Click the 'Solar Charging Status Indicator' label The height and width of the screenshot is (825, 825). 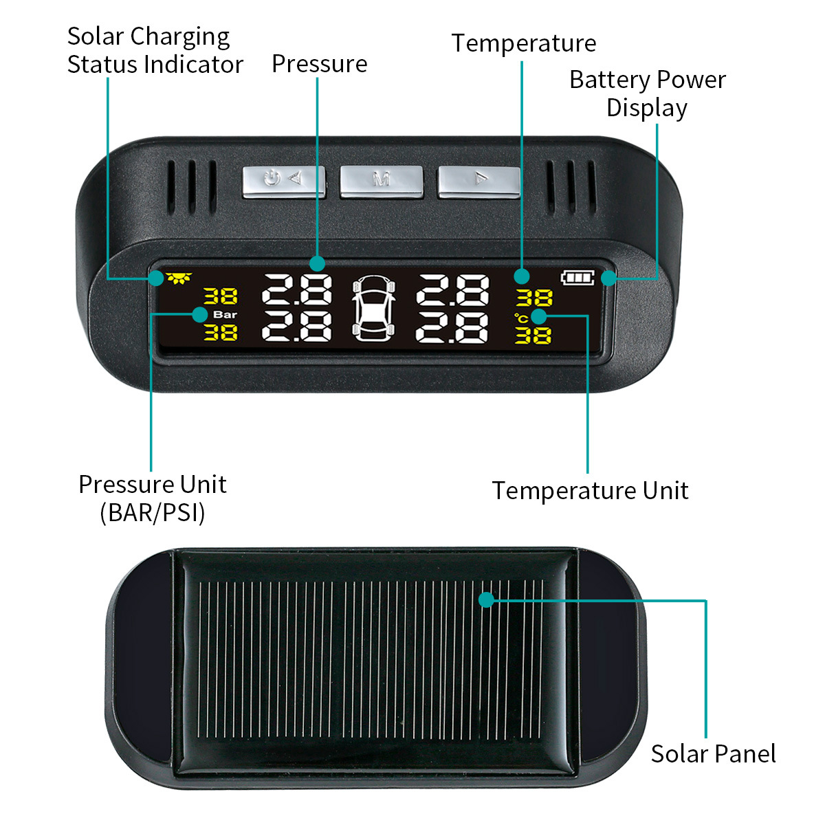pos(155,50)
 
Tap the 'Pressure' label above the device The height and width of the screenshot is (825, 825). pos(319,64)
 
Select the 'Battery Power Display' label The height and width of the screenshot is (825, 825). pos(647,93)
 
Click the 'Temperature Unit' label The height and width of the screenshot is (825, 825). pos(590,491)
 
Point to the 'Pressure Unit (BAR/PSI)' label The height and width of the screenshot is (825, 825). pos(153,498)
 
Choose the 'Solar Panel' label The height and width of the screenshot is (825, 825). pos(713,754)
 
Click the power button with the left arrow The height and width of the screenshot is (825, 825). pos(283,180)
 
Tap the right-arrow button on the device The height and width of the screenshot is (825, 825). pos(479,180)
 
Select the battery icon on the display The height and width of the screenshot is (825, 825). pos(577,278)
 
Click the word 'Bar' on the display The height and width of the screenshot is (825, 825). pos(225,315)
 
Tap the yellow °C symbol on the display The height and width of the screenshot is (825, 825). pos(521,318)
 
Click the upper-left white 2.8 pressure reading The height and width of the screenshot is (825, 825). pos(297,290)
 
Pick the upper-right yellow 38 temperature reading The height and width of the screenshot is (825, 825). pos(534,298)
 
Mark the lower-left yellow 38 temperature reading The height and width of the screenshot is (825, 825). pos(221,333)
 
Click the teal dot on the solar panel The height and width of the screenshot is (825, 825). pos(487,599)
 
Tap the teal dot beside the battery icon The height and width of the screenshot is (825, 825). pos(608,278)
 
